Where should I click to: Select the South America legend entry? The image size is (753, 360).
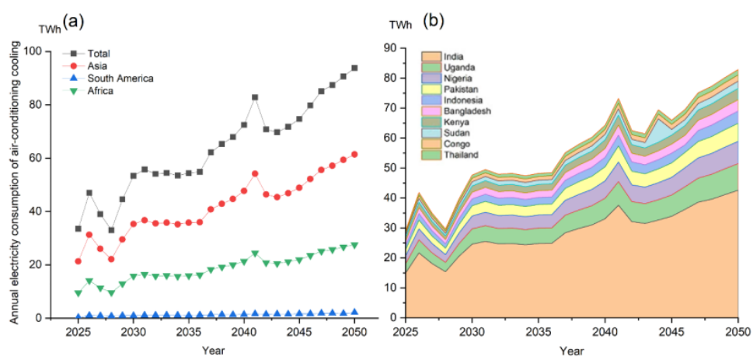pos(120,79)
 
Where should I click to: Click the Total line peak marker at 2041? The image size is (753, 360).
pos(255,97)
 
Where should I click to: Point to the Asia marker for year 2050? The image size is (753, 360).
pos(354,154)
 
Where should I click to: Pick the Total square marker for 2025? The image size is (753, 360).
pos(78,229)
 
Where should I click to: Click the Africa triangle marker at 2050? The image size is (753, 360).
pos(354,245)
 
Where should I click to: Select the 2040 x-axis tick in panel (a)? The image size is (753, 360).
pos(244,331)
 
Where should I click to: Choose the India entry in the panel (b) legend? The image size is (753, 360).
pos(454,56)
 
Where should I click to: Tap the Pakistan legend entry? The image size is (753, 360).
pos(459,89)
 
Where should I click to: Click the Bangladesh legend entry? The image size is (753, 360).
pos(464,110)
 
